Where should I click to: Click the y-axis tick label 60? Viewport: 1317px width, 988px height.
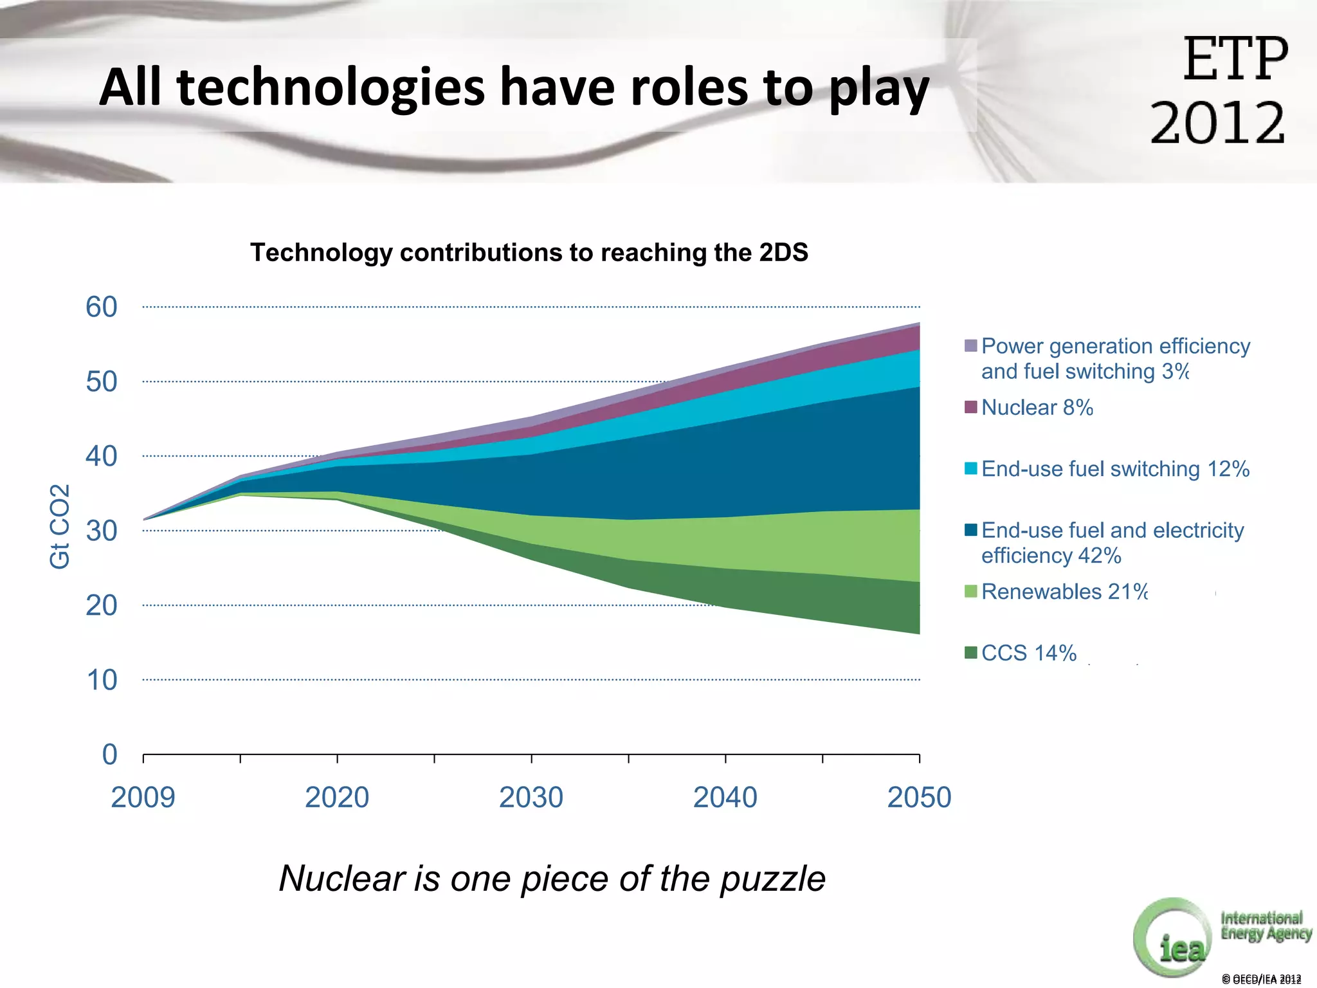click(102, 307)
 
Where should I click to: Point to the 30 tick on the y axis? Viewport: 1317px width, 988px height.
click(102, 531)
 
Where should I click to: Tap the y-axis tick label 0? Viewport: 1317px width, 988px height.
click(110, 754)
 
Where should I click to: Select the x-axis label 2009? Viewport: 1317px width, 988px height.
click(143, 797)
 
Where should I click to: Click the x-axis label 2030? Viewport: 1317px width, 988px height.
click(531, 797)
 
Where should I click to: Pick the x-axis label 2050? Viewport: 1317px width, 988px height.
click(919, 797)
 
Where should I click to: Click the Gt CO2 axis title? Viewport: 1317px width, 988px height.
click(59, 526)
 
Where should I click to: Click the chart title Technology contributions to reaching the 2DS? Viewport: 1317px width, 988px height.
click(529, 252)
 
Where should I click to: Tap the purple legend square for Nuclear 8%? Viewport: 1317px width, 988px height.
click(971, 407)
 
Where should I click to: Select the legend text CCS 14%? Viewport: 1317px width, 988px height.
click(1028, 653)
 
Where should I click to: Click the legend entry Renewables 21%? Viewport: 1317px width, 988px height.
click(1064, 591)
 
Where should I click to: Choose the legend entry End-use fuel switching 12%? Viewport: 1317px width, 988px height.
click(1115, 469)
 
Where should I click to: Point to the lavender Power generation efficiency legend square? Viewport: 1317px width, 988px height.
click(971, 345)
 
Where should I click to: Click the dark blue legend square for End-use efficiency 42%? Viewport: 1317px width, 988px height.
click(971, 529)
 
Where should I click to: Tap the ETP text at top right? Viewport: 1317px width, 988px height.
click(1235, 59)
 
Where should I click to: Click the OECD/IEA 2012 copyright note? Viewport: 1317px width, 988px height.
click(1261, 979)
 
